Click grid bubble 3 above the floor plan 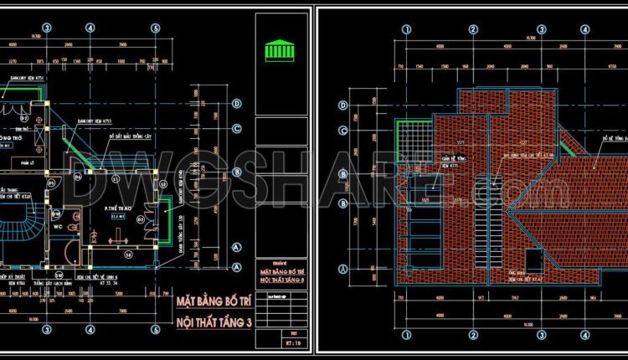47,28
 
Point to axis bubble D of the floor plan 238,105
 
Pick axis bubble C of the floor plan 238,128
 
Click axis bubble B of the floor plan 238,172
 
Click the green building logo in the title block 277,50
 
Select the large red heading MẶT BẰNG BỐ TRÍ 214,300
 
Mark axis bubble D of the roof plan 343,105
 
